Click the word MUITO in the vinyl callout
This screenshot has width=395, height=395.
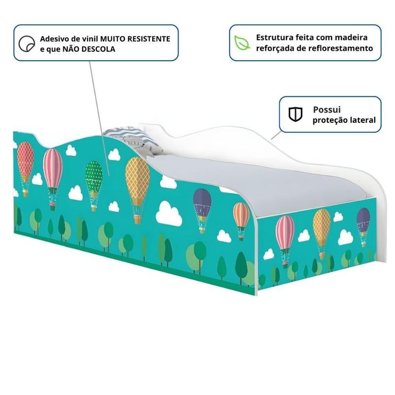click(x=112, y=39)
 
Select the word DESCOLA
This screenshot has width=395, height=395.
click(x=99, y=49)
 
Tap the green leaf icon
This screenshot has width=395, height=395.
click(x=242, y=42)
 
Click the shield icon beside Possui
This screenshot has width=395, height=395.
click(x=296, y=115)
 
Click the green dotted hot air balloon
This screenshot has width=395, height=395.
click(x=94, y=176)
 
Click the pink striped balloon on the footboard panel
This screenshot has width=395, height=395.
click(x=285, y=232)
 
